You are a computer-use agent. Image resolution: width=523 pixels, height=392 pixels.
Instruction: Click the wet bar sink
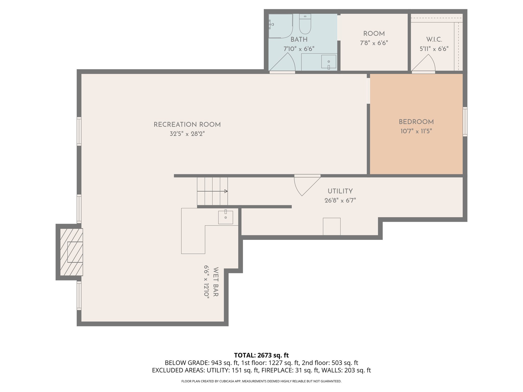225,217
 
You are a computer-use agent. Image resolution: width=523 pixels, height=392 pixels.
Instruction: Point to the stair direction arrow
212,191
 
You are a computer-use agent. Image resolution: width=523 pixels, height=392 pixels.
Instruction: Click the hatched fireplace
71,252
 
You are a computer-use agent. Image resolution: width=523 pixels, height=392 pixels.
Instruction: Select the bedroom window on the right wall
465,121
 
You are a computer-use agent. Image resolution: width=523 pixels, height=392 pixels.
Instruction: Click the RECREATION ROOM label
187,125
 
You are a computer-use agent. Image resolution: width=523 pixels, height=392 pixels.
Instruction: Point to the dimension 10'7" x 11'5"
416,131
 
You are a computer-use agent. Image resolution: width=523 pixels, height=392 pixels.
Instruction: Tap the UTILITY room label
340,191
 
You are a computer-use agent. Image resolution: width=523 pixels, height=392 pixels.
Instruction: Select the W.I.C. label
434,40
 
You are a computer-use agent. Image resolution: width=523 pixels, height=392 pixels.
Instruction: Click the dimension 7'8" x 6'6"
374,43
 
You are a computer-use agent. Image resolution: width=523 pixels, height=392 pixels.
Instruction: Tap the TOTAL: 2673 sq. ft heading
261,355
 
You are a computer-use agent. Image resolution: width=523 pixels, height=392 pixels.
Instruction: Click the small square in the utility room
331,226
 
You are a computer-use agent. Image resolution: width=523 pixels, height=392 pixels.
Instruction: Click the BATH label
299,40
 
